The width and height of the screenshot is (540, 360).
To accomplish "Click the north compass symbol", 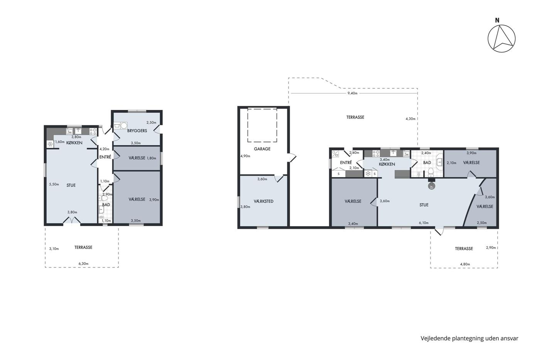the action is (x=501, y=39).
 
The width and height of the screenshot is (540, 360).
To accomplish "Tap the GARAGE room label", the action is (x=262, y=149).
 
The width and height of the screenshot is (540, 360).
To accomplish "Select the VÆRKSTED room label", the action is (x=263, y=201).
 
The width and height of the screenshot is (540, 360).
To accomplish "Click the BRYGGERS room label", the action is (x=137, y=131).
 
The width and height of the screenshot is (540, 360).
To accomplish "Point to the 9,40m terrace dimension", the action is (x=352, y=93).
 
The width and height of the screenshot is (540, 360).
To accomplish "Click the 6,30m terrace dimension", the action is (x=83, y=264).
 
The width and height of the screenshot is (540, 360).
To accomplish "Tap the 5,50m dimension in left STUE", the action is (x=54, y=184).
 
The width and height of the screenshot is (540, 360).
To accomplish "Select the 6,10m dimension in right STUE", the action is (x=424, y=223).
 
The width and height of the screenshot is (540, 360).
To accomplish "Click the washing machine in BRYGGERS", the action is (x=124, y=126).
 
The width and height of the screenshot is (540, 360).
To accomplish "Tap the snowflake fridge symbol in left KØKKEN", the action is (x=50, y=144).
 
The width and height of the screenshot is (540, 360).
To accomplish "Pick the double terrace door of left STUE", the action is (x=72, y=220).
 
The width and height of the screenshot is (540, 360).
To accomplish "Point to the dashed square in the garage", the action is (x=262, y=125).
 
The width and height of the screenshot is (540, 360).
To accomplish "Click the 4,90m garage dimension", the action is (x=245, y=156).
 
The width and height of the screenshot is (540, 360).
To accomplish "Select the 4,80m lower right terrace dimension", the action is (x=465, y=264).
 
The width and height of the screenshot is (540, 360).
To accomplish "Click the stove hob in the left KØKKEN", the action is (x=93, y=132).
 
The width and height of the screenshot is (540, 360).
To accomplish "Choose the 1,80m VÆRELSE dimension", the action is (x=151, y=158).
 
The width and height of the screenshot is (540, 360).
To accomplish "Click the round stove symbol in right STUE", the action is (x=431, y=186).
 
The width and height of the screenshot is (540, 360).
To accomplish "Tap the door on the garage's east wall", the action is (x=292, y=158).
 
